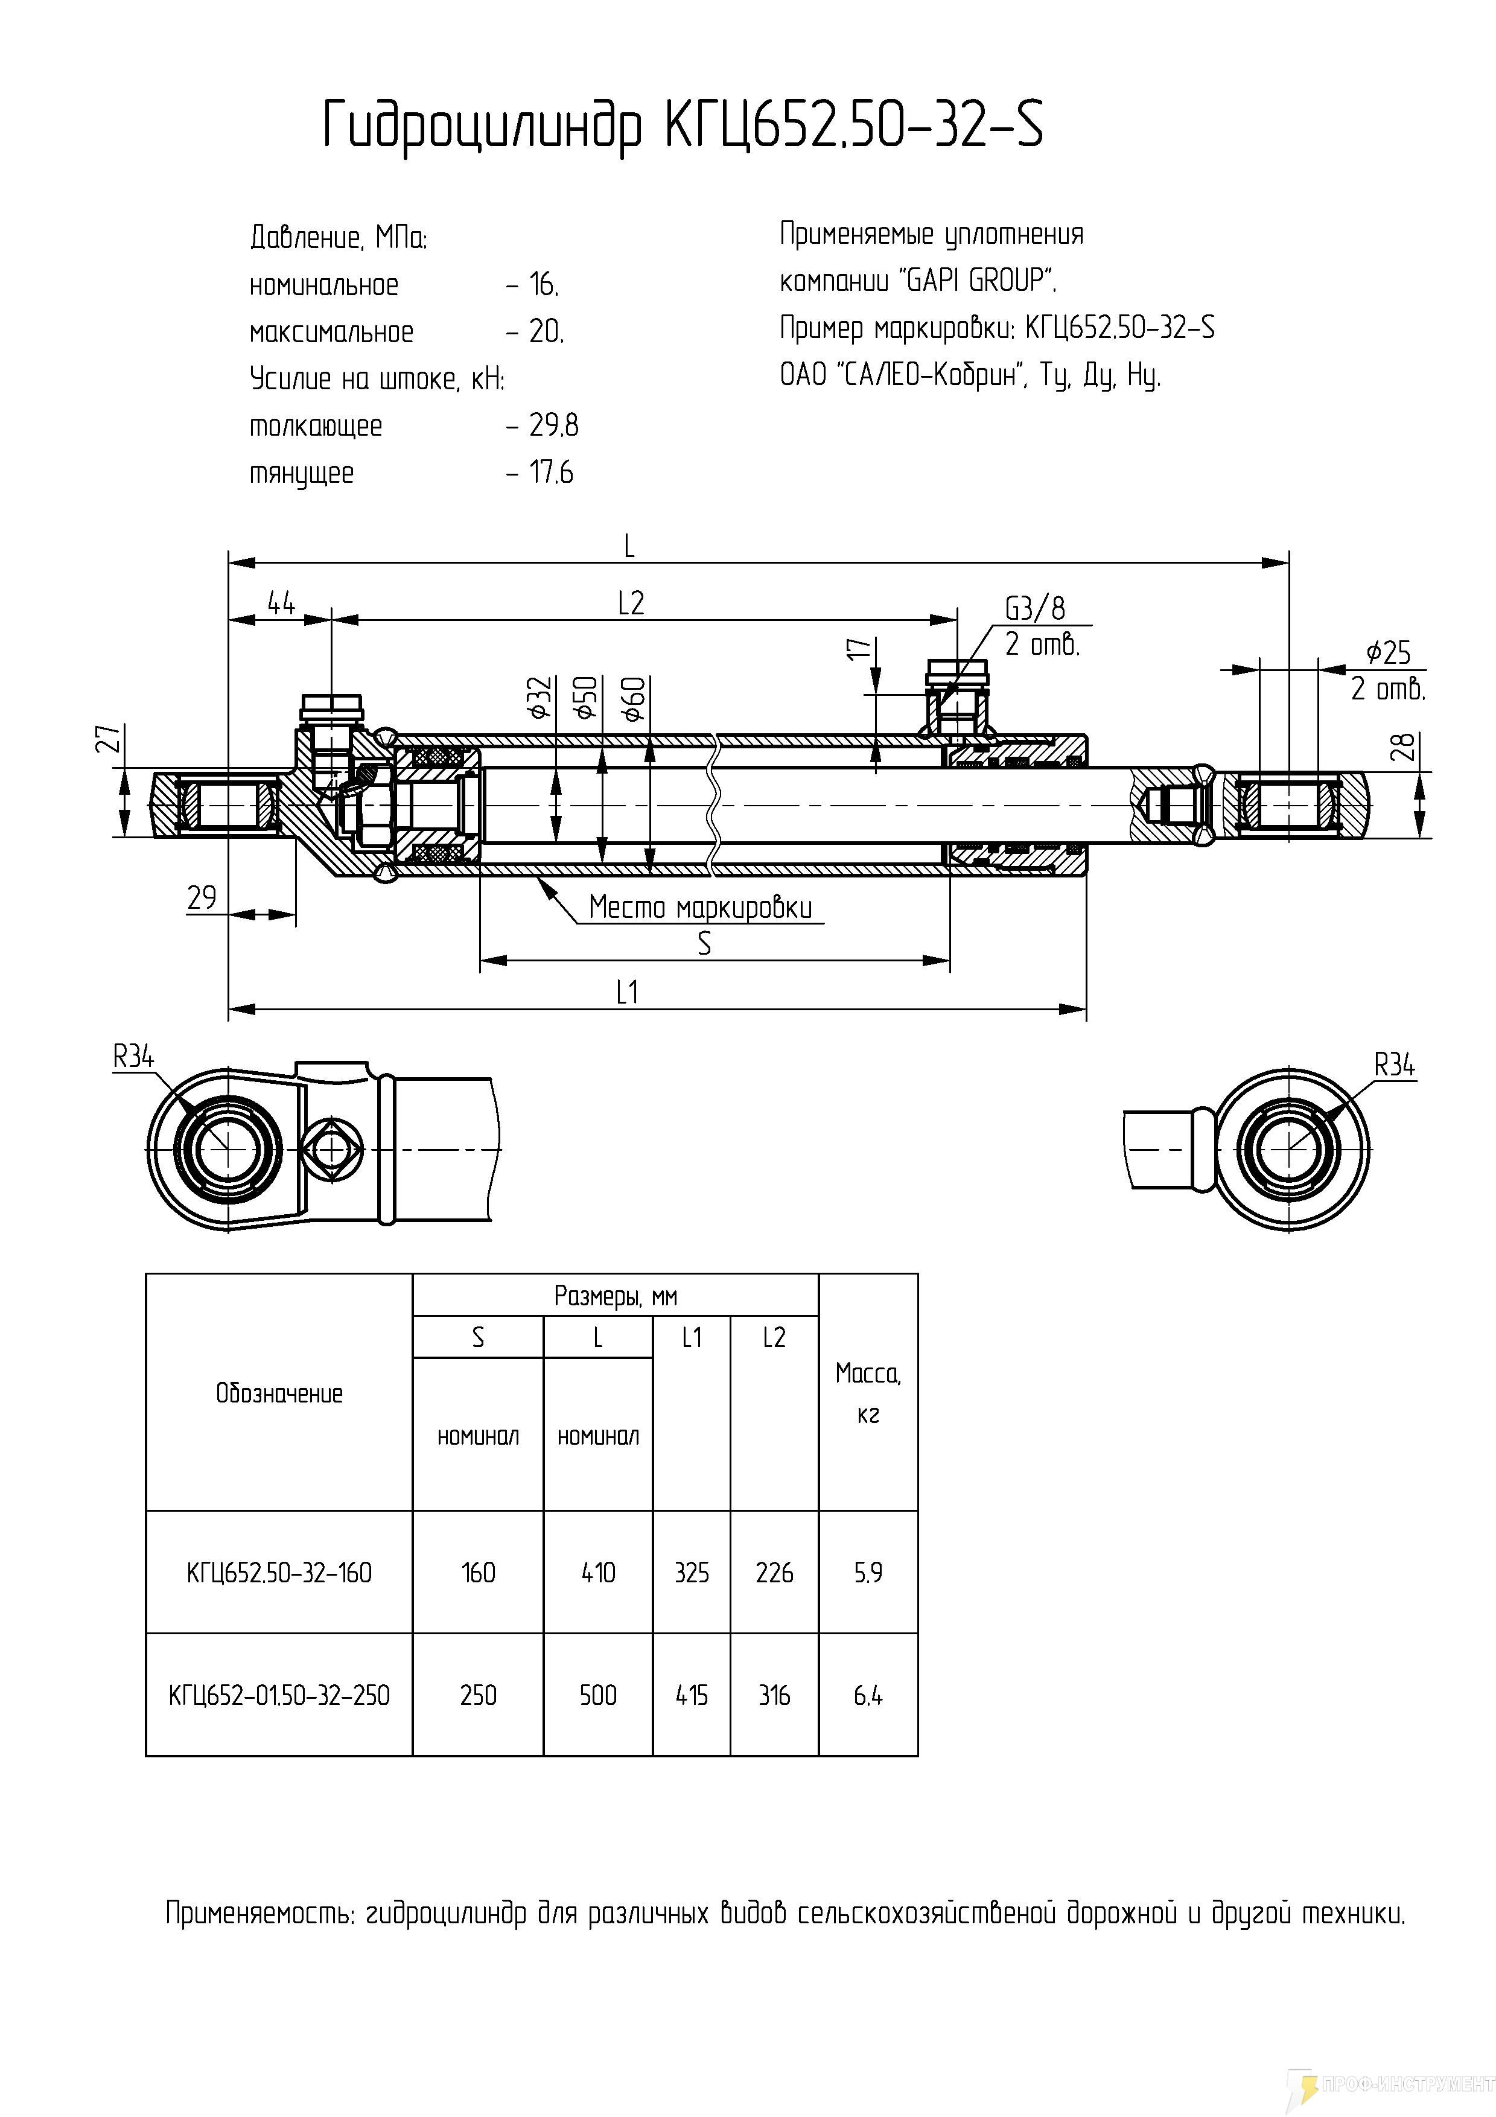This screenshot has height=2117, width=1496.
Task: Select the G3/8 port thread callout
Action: click(1034, 608)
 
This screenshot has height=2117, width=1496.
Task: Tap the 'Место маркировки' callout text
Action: click(701, 908)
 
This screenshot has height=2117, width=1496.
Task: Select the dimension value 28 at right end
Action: click(1403, 747)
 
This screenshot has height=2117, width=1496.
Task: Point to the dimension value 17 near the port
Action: click(859, 648)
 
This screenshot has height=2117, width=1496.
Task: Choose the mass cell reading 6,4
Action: click(867, 1695)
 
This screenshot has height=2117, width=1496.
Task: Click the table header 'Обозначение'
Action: click(279, 1393)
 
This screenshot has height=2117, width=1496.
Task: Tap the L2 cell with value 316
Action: click(774, 1695)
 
